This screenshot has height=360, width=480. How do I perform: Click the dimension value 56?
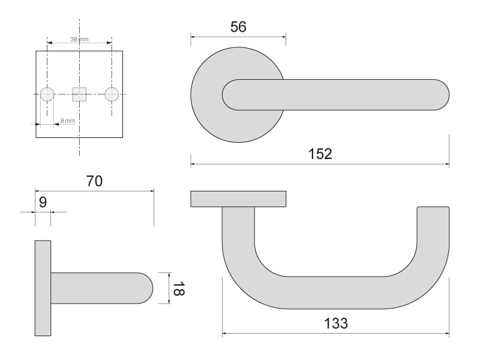click(238, 27)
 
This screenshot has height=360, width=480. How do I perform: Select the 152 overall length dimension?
click(320, 154)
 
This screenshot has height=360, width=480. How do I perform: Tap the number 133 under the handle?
click(336, 323)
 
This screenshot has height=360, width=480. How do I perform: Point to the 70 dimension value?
click(94, 181)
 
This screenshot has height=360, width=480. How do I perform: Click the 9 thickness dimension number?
click(43, 202)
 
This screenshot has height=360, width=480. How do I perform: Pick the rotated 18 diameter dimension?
click(178, 289)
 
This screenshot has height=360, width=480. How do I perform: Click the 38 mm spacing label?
click(79, 39)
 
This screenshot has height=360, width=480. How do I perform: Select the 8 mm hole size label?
click(68, 121)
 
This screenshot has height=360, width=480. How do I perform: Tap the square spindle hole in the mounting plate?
click(79, 94)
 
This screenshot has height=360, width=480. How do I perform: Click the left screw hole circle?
click(47, 94)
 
